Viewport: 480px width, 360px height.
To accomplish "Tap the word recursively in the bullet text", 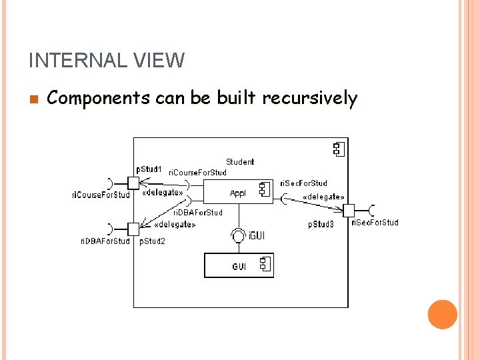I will click(x=309, y=99).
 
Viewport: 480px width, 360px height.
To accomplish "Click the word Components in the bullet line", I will click(x=99, y=99).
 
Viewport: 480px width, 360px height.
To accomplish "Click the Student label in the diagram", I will click(x=240, y=162).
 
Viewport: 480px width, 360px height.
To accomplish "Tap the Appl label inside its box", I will click(x=238, y=193).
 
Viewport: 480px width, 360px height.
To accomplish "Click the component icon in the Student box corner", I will click(x=338, y=148).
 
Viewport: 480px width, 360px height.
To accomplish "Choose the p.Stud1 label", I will click(x=149, y=169).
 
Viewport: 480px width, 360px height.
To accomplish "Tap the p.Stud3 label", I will click(x=321, y=225).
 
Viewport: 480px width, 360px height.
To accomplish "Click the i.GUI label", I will click(x=257, y=235).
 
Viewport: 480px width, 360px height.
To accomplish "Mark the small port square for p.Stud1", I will click(x=133, y=182).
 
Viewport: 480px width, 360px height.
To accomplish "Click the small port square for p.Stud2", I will click(x=133, y=229).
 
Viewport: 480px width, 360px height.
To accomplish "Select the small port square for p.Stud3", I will click(x=348, y=210).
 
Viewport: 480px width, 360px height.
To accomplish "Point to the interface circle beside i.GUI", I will click(x=238, y=235).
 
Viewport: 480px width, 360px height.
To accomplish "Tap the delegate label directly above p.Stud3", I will click(x=323, y=197).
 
